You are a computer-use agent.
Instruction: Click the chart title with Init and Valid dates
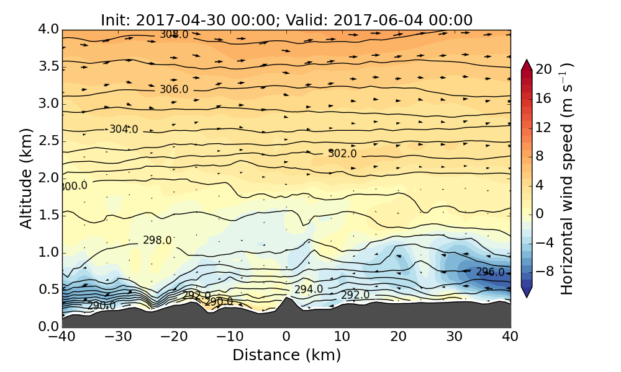286,20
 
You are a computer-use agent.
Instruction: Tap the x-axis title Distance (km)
286,355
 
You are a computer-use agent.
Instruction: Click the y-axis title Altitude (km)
26,179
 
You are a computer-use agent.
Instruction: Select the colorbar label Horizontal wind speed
566,179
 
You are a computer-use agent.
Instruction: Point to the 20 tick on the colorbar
544,69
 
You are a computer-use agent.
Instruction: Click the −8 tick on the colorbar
544,271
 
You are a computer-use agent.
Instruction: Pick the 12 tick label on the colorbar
544,127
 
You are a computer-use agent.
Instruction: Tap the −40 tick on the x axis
63,338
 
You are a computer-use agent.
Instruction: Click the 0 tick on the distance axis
286,338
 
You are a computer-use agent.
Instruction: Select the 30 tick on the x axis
454,338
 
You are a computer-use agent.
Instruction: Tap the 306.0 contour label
174,89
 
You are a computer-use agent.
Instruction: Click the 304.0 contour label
124,130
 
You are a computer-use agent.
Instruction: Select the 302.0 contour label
342,154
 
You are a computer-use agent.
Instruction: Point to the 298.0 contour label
157,241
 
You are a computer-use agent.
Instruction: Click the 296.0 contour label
490,272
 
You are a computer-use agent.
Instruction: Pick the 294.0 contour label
309,290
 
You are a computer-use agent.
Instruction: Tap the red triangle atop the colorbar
526,64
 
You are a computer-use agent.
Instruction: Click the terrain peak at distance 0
286,299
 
